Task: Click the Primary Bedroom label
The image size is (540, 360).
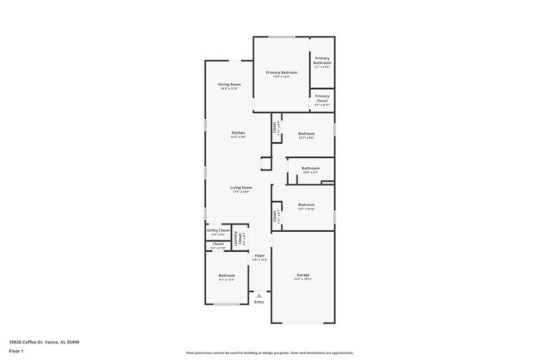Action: coord(281,72)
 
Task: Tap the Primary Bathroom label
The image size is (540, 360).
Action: coord(322,60)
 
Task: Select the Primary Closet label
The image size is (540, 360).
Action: coord(322,96)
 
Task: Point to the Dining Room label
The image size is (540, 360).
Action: coord(229,84)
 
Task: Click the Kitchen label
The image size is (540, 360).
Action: coord(238,133)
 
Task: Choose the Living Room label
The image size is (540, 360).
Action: coord(241,188)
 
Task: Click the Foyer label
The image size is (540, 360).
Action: coord(260,255)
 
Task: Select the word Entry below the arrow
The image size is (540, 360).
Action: coord(259,303)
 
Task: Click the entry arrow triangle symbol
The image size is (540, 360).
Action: coord(259,294)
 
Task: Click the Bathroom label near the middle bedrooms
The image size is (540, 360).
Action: coord(311,168)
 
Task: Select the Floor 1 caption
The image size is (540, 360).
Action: coord(17,352)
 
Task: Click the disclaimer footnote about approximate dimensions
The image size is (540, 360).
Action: coord(269,353)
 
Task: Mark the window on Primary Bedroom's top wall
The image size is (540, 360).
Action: coord(281,37)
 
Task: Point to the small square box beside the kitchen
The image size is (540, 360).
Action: coord(266,163)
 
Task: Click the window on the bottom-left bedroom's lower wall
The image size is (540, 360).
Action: coord(226,304)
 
